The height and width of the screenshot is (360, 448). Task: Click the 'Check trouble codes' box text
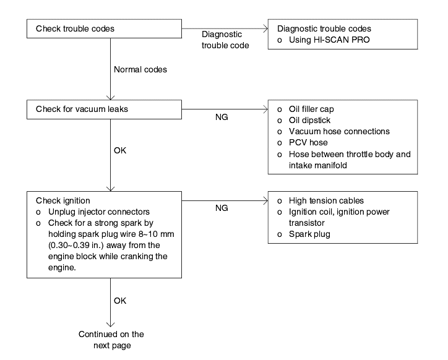coord(75,28)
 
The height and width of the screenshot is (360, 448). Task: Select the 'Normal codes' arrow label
coord(140,69)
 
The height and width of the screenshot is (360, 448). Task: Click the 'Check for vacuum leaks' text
coord(82,109)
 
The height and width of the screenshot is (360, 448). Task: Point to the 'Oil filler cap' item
coord(311,109)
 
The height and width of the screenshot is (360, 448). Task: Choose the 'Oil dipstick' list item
coord(309,120)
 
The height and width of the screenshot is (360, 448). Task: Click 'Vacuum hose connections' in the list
coord(339,131)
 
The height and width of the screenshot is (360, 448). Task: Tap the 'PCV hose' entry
coord(308,142)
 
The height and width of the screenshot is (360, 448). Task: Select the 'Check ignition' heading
coord(63,200)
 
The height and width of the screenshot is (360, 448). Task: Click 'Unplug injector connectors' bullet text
coord(99,212)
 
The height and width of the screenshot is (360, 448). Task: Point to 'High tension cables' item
coord(326,200)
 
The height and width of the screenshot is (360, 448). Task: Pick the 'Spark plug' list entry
coord(309,234)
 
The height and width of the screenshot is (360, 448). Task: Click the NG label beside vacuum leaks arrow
coord(222,117)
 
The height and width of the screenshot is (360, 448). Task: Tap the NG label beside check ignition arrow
coord(222,208)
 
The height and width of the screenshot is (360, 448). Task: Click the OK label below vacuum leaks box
coord(120,150)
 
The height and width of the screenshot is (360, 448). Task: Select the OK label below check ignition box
coord(120,301)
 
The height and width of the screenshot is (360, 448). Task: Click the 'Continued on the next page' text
coord(111,340)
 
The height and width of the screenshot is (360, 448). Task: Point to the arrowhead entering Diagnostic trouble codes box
coord(265,28)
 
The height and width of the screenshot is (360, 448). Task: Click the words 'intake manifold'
coord(317,165)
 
